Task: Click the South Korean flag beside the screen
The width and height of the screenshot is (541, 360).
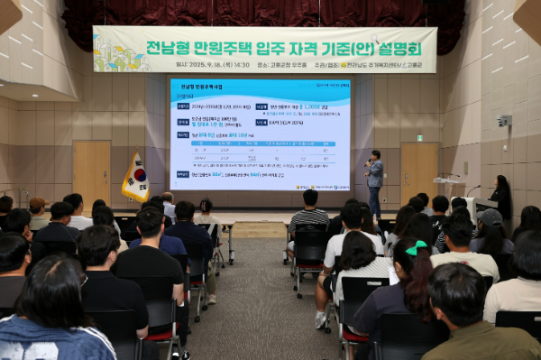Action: (136, 177)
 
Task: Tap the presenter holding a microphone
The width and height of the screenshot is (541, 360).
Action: (374, 179)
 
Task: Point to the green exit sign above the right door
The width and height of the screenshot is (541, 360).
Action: (419, 138)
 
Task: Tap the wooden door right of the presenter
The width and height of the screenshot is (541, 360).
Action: (418, 173)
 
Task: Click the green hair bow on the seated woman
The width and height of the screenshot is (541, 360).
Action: (416, 248)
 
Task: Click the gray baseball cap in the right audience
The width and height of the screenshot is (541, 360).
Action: (491, 217)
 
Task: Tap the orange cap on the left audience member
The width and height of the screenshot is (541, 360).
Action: (37, 204)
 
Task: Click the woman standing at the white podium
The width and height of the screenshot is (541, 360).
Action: (500, 196)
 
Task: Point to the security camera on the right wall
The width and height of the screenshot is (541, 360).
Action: (503, 121)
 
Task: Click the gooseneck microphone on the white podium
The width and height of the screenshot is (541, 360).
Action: (472, 189)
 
